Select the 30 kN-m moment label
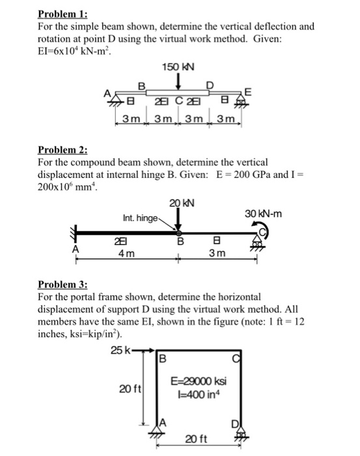264,214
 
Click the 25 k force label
120,351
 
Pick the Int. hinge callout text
139,218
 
